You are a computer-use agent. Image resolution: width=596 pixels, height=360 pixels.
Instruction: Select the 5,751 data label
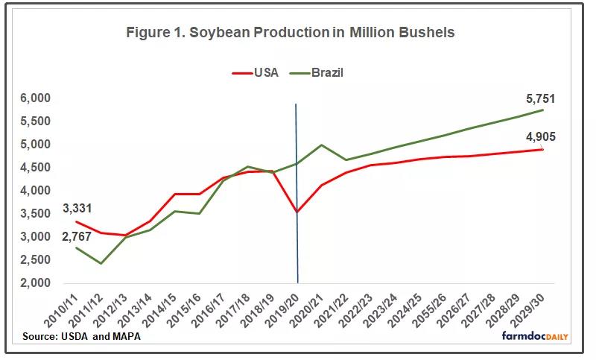pyautogui.click(x=539, y=98)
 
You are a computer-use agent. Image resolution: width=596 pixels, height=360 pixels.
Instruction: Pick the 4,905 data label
pyautogui.click(x=539, y=136)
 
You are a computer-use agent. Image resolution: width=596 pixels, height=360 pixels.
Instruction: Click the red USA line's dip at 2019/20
pyautogui.click(x=297, y=212)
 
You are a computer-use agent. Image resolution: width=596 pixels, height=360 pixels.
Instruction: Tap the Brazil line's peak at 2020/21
pyautogui.click(x=322, y=145)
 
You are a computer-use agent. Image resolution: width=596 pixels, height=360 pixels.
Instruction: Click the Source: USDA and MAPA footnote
pyautogui.click(x=81, y=337)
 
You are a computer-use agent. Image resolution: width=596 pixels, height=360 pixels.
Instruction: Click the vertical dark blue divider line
pyautogui.click(x=297, y=246)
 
